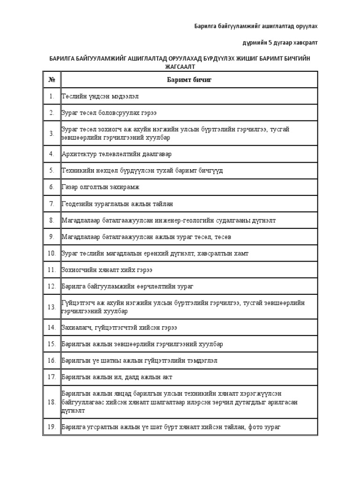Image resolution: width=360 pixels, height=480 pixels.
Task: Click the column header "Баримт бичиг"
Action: (x=189, y=79)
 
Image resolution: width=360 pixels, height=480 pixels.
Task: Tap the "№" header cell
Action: (x=52, y=79)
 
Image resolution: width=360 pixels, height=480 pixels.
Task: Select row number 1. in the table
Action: (x=52, y=96)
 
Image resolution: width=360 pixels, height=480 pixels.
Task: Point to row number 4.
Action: (x=52, y=153)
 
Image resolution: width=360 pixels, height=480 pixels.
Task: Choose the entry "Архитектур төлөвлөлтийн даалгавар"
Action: (x=117, y=153)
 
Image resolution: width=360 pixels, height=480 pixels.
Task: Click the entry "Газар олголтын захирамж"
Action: (x=100, y=187)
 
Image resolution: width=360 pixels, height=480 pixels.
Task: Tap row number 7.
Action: (x=52, y=204)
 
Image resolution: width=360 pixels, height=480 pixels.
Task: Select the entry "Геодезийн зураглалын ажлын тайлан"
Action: (x=118, y=204)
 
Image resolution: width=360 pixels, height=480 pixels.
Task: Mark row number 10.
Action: (x=52, y=254)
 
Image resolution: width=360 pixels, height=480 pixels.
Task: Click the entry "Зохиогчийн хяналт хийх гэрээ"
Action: (x=107, y=270)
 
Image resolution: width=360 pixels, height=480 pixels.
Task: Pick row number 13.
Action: (x=52, y=307)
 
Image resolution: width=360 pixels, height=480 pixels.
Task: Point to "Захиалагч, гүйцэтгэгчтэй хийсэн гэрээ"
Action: (x=119, y=327)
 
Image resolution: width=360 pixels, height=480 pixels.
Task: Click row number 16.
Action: (x=52, y=360)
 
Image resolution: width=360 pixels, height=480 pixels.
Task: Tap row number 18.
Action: (x=52, y=402)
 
